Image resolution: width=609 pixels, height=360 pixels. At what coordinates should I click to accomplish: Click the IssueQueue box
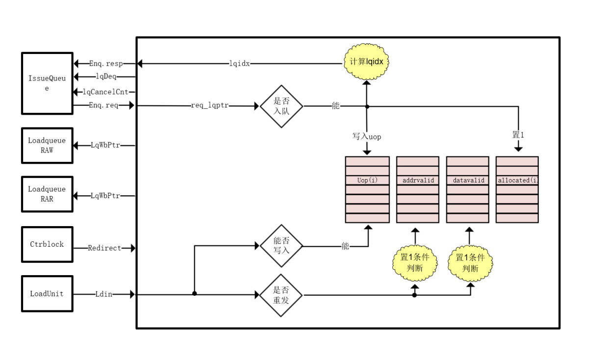coord(47,83)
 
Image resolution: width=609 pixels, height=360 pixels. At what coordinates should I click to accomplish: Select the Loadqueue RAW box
coord(47,145)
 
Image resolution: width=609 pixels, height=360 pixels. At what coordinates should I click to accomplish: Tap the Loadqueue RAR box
coord(47,194)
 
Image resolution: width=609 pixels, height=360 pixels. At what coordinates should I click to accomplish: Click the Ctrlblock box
coord(47,244)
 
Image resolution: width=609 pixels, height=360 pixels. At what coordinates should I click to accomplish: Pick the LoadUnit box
coord(47,294)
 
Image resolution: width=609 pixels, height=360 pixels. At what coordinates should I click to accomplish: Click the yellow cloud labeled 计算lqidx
coord(366,63)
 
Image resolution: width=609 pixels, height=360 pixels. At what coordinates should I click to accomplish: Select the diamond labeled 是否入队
coord(281,106)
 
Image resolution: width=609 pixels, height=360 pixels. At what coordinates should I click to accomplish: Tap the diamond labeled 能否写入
coord(281,246)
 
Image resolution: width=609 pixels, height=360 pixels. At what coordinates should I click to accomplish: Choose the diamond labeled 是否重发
coord(281,295)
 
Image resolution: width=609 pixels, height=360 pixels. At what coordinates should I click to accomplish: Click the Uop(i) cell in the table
coord(367,180)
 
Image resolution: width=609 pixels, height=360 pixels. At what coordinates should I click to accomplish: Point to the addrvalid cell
coord(418,180)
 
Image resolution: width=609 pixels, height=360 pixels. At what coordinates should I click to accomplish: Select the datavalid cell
coord(468,180)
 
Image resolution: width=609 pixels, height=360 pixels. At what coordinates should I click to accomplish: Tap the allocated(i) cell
coord(517,180)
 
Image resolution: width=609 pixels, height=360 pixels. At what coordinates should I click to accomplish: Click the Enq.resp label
coord(105,64)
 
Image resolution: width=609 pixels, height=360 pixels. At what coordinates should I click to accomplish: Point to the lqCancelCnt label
coord(108,92)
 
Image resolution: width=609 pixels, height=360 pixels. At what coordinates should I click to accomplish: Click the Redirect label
coord(104,248)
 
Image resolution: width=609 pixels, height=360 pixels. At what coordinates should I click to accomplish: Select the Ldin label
coord(103,294)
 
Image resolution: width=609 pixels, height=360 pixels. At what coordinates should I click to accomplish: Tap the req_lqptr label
coord(209,106)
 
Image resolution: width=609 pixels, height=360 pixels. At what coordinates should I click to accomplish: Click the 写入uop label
coord(366,137)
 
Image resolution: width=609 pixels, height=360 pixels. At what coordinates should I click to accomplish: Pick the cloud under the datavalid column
coord(470,263)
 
